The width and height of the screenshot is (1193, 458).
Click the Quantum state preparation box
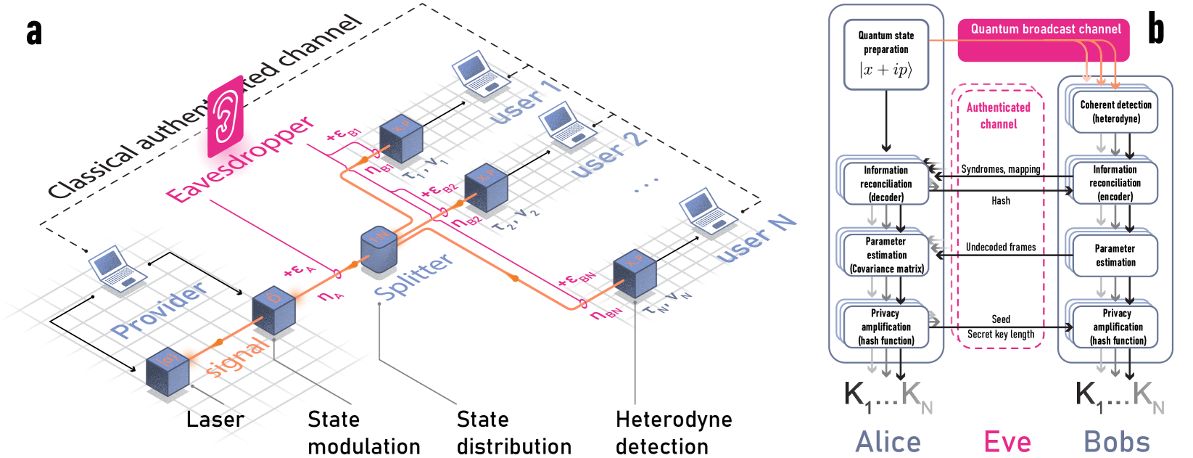click(x=886, y=55)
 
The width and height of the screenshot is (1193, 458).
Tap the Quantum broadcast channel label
click(x=1046, y=29)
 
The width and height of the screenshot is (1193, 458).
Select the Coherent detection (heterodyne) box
click(x=1115, y=112)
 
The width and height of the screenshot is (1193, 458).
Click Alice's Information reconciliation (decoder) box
click(x=886, y=183)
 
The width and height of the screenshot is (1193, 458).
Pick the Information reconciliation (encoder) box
click(x=1115, y=183)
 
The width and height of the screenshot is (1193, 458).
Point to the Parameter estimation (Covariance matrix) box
click(x=886, y=255)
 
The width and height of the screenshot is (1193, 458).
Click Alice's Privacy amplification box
click(x=886, y=327)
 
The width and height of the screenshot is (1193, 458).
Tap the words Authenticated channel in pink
click(x=998, y=115)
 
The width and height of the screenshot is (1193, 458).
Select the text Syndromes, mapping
click(x=1000, y=169)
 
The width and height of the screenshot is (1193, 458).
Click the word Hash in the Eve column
click(x=1000, y=200)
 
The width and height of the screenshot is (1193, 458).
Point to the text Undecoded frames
click(x=1000, y=247)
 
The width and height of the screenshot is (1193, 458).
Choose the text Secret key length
click(x=1000, y=334)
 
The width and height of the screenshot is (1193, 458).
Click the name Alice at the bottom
click(x=888, y=441)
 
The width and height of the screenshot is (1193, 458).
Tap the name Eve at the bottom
click(x=1007, y=441)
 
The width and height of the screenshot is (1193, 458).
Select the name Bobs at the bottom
click(x=1116, y=441)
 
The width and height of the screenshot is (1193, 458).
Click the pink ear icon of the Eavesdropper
click(x=225, y=116)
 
